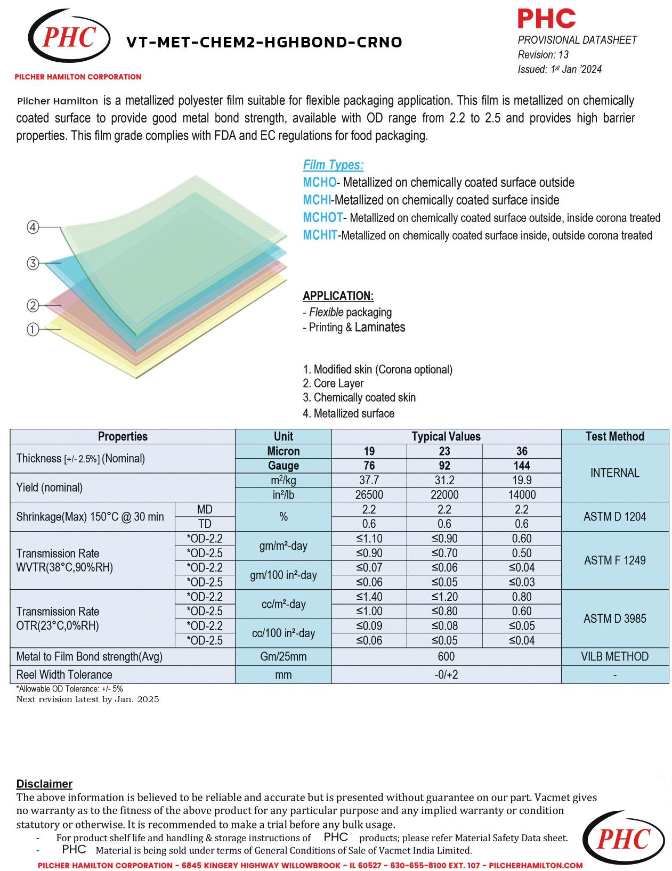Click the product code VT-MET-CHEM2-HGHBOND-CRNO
[x=264, y=43]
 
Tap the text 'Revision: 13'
[x=543, y=55]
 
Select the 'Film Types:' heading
[x=333, y=165]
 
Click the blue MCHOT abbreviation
[x=322, y=218]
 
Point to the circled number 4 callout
[x=33, y=227]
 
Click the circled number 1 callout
[x=33, y=330]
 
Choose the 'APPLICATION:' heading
[x=338, y=296]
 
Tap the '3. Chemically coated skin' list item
[x=359, y=397]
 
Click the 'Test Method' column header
[x=614, y=436]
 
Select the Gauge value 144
[x=522, y=466]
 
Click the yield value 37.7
[x=369, y=480]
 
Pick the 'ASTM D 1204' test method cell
[x=614, y=517]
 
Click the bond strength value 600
[x=446, y=656]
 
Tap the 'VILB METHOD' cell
[x=614, y=656]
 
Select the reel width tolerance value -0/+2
[x=446, y=674]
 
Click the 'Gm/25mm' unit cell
[x=283, y=656]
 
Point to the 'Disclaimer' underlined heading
[x=44, y=784]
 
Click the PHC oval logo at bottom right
[x=624, y=839]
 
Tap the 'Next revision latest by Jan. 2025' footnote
[x=88, y=699]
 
